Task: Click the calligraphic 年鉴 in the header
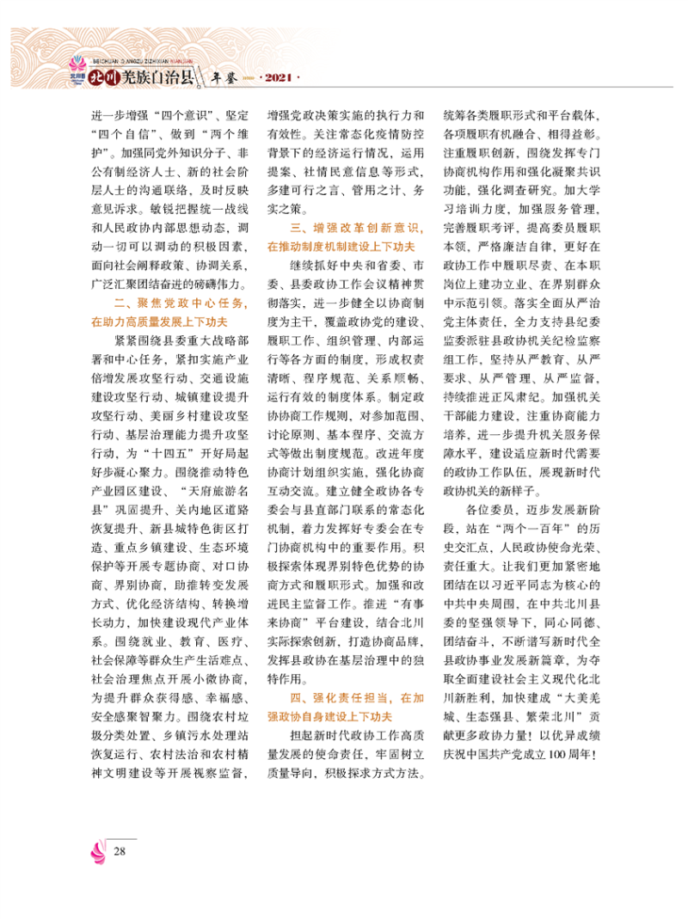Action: [x=224, y=79]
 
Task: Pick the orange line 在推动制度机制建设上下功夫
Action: [x=341, y=247]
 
